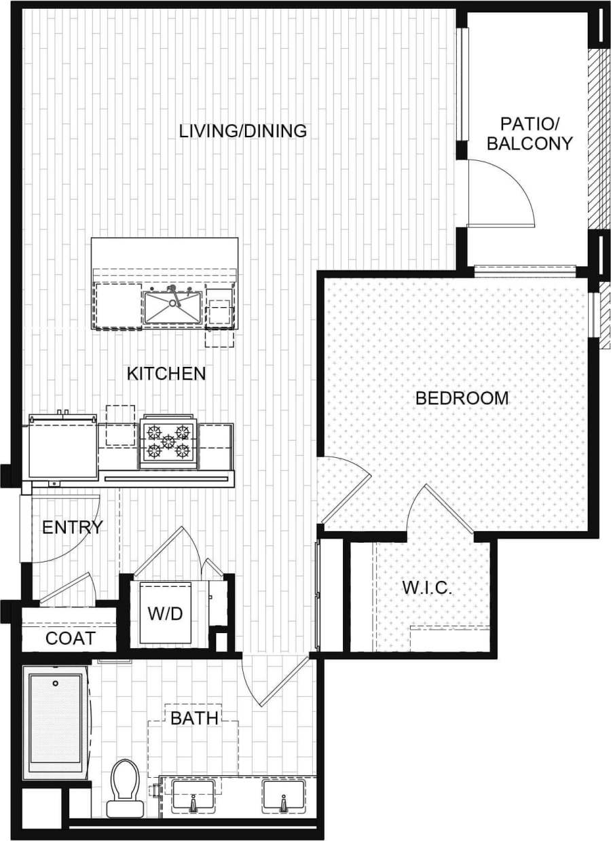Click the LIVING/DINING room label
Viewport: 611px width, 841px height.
click(x=243, y=130)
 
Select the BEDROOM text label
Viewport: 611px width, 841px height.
click(x=462, y=398)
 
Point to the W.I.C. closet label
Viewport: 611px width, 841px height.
click(x=427, y=588)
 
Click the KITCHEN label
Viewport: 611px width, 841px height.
click(x=166, y=374)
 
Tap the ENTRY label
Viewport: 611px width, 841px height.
click(x=73, y=527)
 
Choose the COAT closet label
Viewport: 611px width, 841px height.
click(x=70, y=639)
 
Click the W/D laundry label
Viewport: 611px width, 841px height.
click(x=166, y=614)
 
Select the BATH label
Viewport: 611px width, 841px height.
click(x=194, y=718)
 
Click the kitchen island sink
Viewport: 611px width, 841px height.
click(x=172, y=306)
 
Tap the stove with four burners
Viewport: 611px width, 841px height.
click(x=168, y=442)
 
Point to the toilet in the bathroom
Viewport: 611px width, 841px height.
click(x=125, y=788)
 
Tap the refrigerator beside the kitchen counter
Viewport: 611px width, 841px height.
click(x=62, y=450)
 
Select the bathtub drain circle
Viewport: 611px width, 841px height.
click(x=56, y=683)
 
